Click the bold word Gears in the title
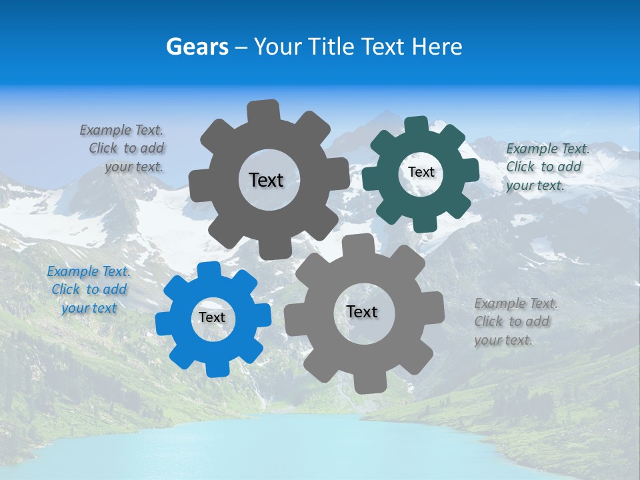(197, 47)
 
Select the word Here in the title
(437, 47)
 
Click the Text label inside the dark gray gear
(266, 180)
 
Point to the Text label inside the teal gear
(421, 172)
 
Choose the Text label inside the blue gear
(212, 317)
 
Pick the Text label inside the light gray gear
(362, 311)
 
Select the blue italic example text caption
(88, 290)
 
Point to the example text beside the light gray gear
(515, 322)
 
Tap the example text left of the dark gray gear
(123, 148)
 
